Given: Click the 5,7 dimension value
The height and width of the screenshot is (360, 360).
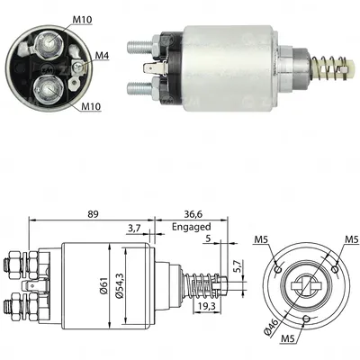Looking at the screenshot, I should point(237,267).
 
